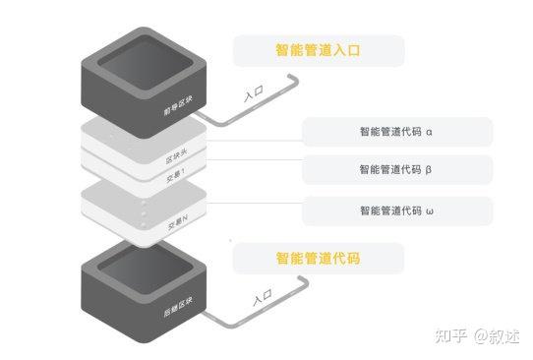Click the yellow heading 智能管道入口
tap(318, 50)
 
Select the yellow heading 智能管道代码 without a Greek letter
tap(318, 259)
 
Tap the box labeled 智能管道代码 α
tap(396, 131)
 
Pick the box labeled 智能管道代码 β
tap(396, 169)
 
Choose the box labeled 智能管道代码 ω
tap(396, 210)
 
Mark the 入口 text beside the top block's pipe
tap(254, 95)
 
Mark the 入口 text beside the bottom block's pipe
tap(262, 297)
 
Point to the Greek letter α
tap(430, 131)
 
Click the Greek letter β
tap(430, 169)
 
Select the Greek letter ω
tap(430, 210)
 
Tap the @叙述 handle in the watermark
tap(496, 335)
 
